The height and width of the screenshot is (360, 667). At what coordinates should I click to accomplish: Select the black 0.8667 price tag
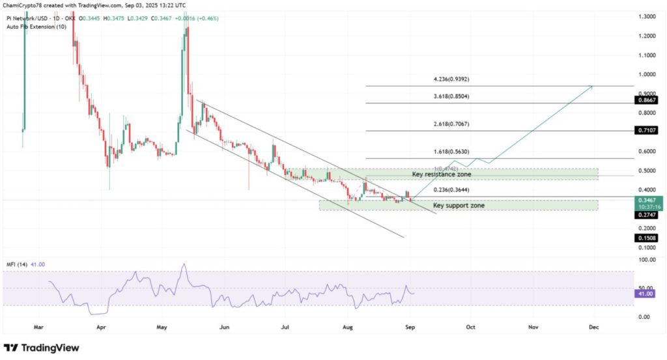pyautogui.click(x=647, y=100)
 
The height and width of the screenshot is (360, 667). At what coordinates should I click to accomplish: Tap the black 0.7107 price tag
pyautogui.click(x=647, y=131)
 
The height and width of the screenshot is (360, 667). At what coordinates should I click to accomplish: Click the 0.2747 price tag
pyautogui.click(x=647, y=215)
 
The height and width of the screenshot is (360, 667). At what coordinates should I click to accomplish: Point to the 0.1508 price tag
pyautogui.click(x=647, y=238)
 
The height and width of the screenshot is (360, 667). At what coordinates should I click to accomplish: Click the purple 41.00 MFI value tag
pyautogui.click(x=647, y=294)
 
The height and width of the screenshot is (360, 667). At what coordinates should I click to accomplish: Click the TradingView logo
pyautogui.click(x=42, y=348)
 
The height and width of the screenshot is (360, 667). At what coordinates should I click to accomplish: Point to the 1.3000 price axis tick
pyautogui.click(x=647, y=16)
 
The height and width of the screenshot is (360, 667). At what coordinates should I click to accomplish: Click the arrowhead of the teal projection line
pyautogui.click(x=591, y=85)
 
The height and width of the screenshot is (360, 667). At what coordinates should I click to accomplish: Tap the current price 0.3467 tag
pyautogui.click(x=647, y=201)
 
